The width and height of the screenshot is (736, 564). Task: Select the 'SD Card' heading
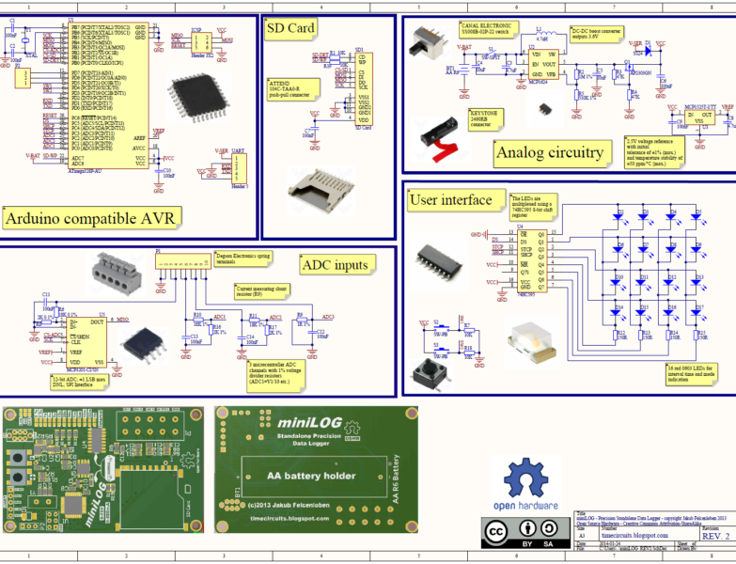click(x=290, y=28)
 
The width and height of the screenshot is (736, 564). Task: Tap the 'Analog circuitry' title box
click(x=549, y=151)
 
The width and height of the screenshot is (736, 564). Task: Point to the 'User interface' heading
click(x=450, y=199)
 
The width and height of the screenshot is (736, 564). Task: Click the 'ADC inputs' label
click(x=335, y=264)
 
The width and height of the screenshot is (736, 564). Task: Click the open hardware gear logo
click(x=523, y=478)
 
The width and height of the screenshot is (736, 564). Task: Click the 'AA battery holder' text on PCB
click(x=311, y=476)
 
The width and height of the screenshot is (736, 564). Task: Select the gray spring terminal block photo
click(x=117, y=275)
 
